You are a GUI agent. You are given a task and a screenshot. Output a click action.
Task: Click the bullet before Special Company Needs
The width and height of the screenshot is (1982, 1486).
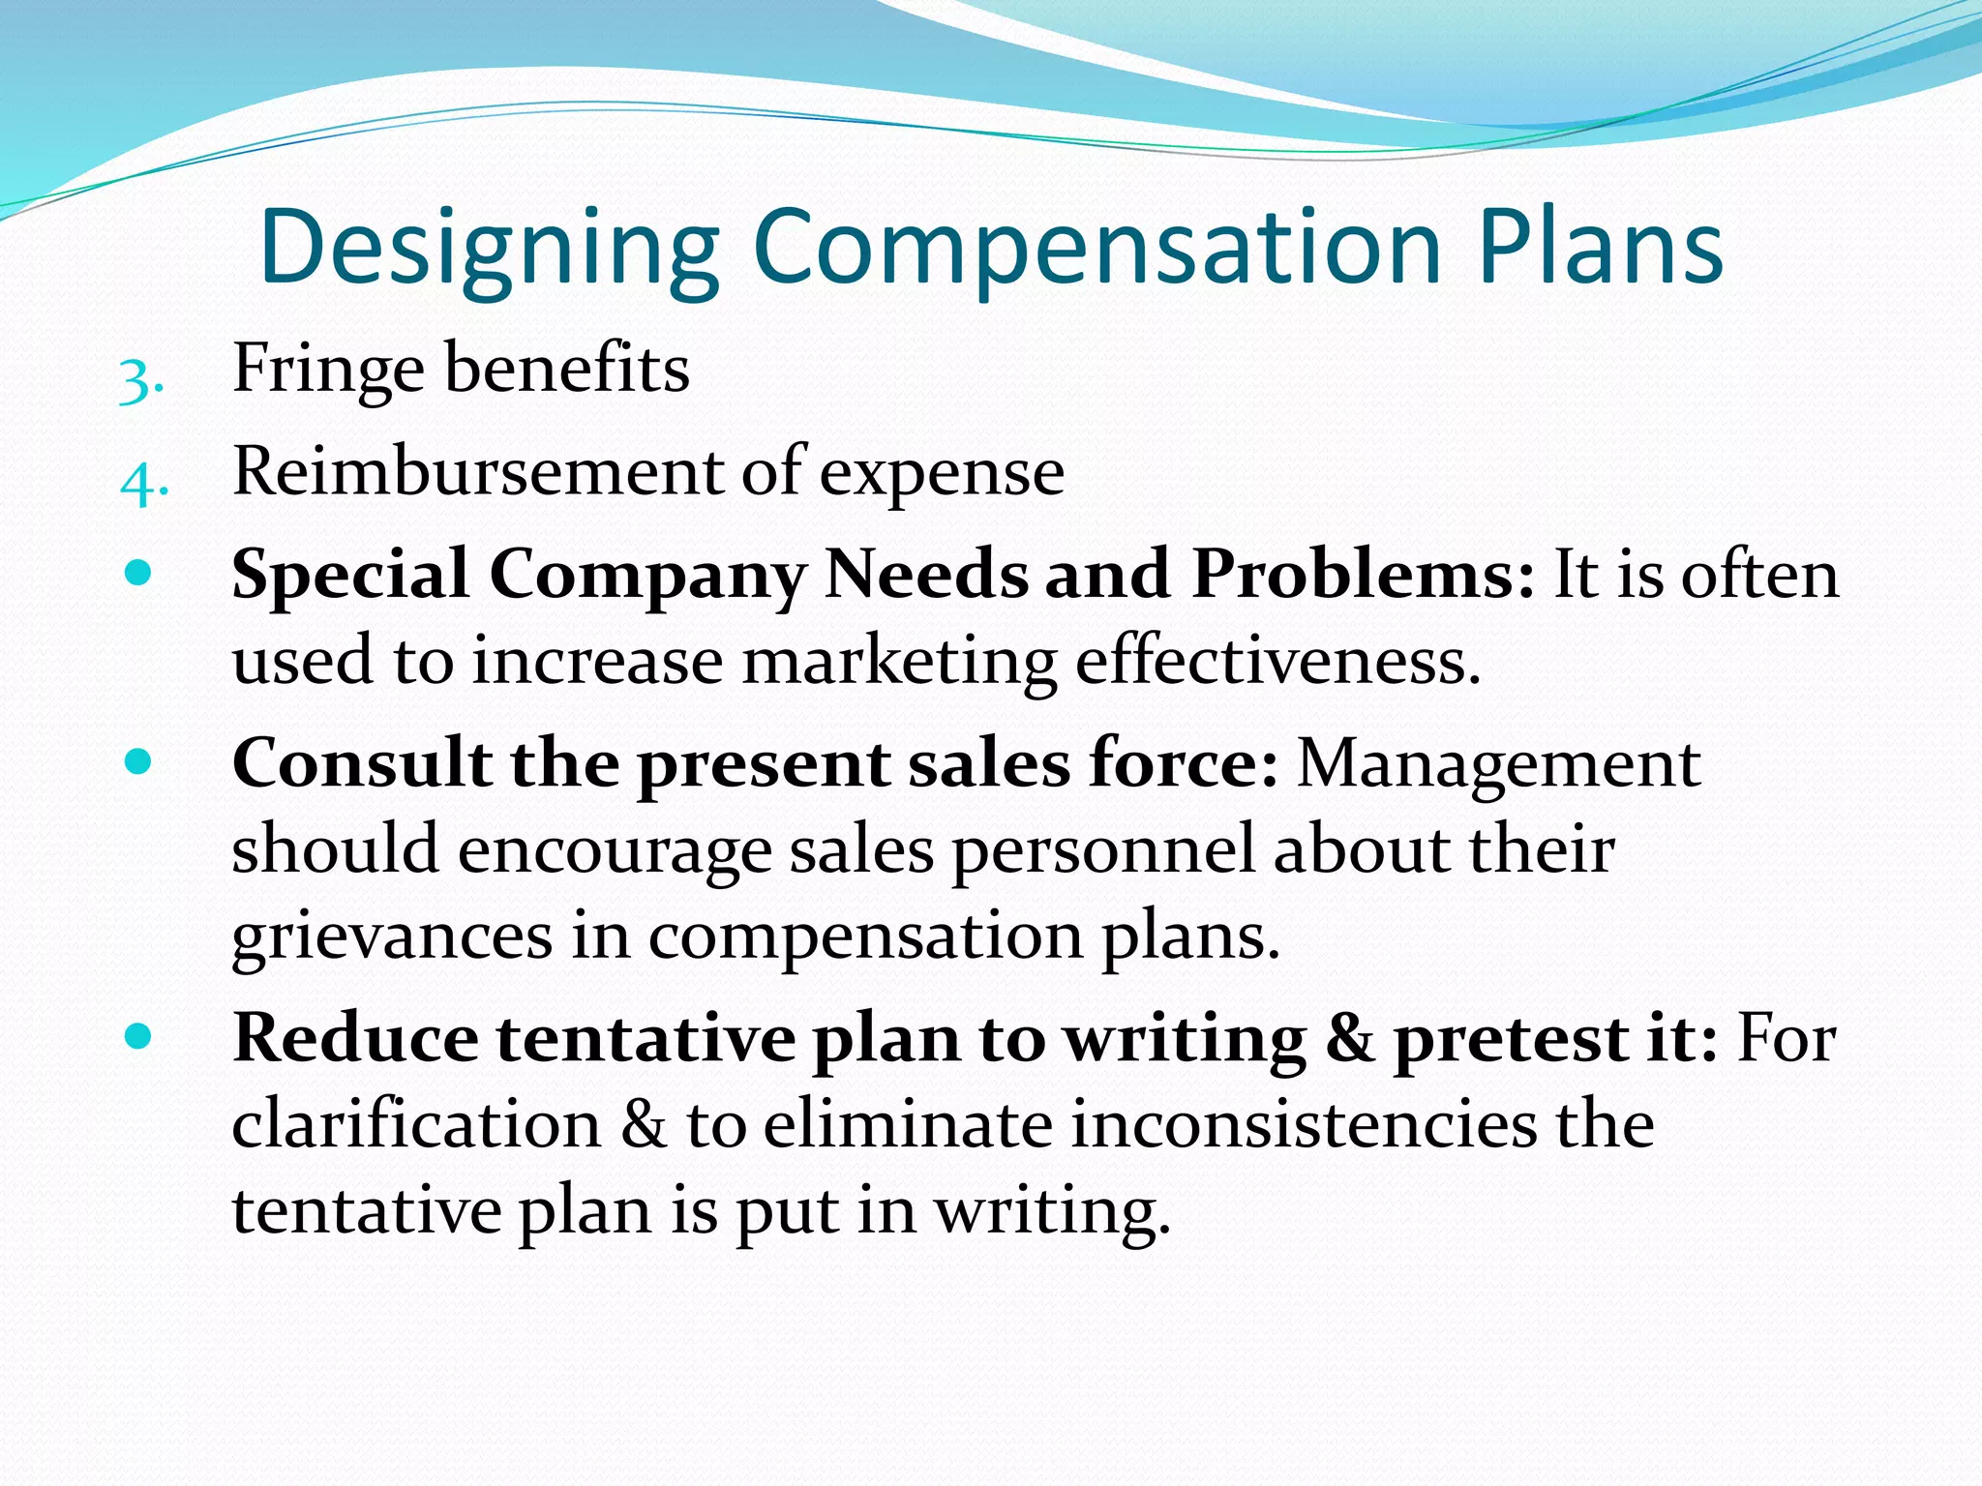139,574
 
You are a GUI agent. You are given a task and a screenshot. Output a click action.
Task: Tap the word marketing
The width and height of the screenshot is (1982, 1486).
899,664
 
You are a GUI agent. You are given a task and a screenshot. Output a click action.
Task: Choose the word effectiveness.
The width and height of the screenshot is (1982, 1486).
1277,662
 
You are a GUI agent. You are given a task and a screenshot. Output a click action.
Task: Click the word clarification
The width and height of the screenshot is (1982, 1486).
416,1125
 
